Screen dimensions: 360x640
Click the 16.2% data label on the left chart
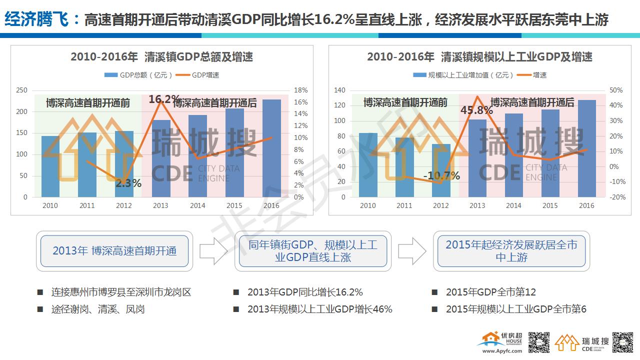[x=164, y=99]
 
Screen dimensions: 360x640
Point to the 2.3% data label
[x=128, y=183]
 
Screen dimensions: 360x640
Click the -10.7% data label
[x=441, y=175]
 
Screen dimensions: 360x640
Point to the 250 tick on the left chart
[x=22, y=90]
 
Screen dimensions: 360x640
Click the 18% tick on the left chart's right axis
[x=300, y=90]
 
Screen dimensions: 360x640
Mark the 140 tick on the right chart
[x=340, y=90]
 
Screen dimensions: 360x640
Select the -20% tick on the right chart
[x=616, y=197]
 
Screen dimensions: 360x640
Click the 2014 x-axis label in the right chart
[x=513, y=205]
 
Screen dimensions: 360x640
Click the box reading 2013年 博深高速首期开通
[x=114, y=251]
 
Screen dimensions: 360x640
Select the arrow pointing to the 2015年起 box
[x=412, y=250]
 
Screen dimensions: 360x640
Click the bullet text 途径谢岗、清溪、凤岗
[x=98, y=309]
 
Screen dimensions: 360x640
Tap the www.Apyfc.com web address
[x=501, y=351]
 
